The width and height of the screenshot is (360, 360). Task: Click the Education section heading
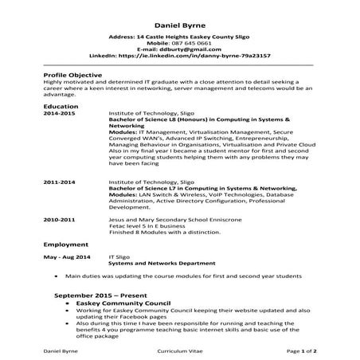[61, 106]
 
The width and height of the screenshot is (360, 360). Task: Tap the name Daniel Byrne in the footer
[61, 350]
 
